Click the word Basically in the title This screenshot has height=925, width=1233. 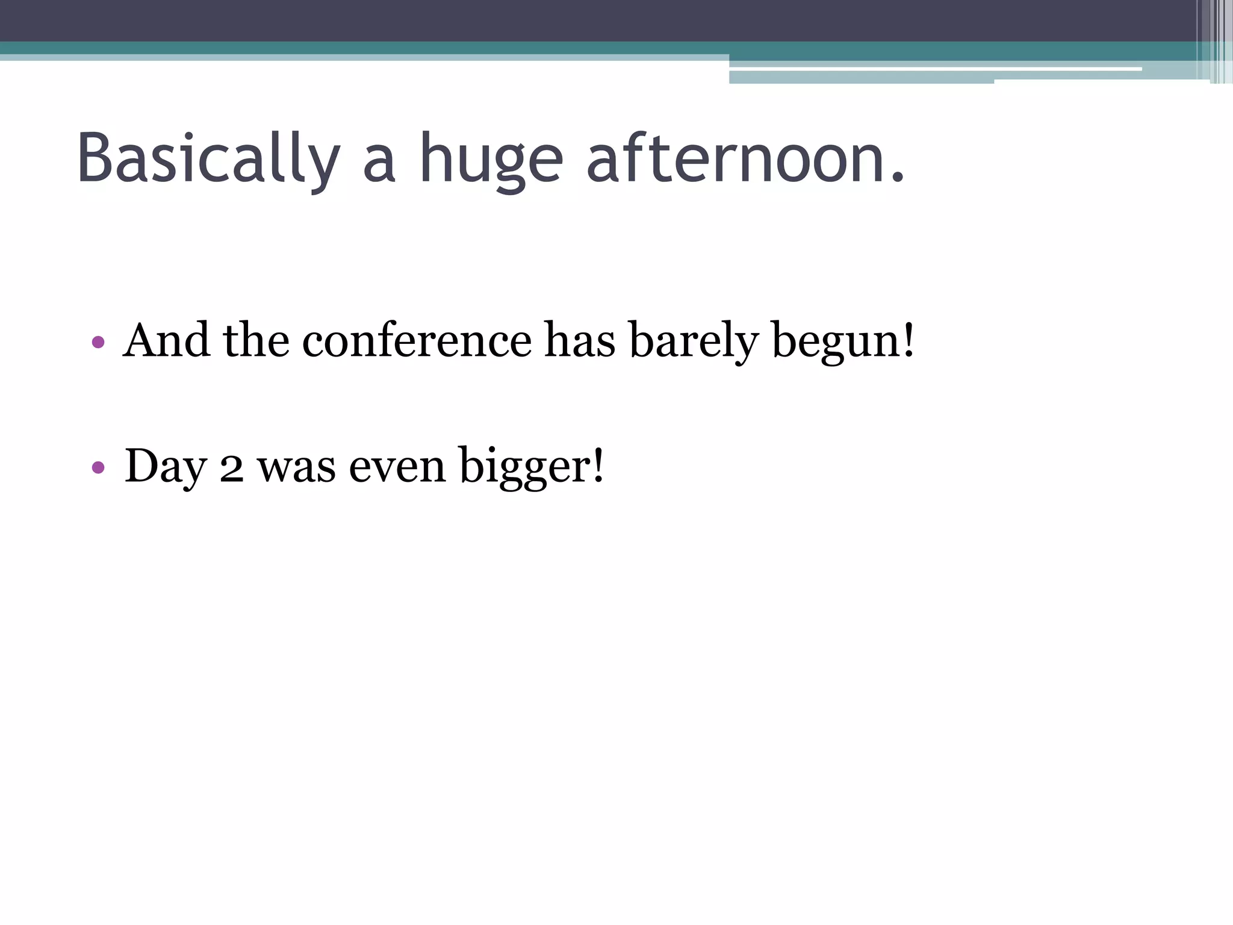pyautogui.click(x=208, y=158)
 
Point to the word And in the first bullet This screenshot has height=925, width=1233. pyautogui.click(x=167, y=341)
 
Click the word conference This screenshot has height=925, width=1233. pyautogui.click(x=417, y=341)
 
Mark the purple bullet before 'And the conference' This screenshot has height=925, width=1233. pyautogui.click(x=98, y=343)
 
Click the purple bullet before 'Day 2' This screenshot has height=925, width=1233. pyautogui.click(x=98, y=467)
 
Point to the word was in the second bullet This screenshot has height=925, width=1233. pyautogui.click(x=296, y=468)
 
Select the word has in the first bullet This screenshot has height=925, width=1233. pyautogui.click(x=580, y=341)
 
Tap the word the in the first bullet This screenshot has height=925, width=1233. pyautogui.click(x=256, y=341)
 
